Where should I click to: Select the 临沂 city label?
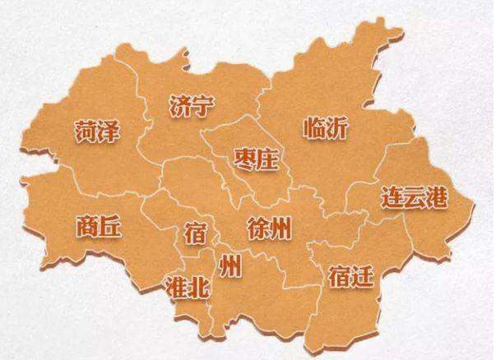click(326, 129)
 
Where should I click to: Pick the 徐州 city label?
click(269, 228)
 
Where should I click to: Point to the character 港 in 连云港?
click(435, 198)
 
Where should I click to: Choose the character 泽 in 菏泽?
click(110, 131)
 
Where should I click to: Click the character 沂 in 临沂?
click(337, 129)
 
